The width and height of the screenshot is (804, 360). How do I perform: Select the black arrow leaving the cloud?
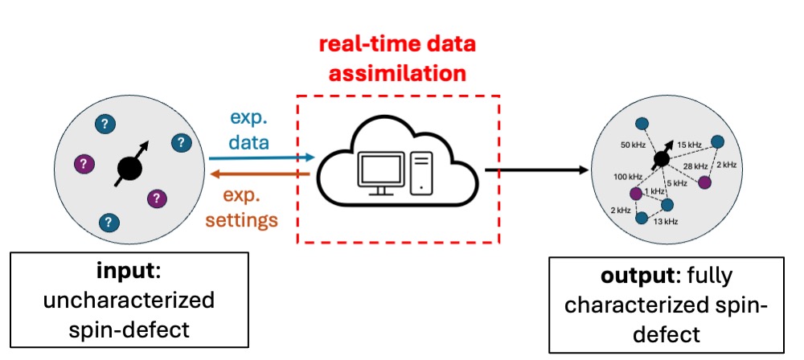(x=535, y=170)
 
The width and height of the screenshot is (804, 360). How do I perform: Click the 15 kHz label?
(x=690, y=145)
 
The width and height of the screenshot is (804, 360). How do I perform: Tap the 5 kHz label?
(x=675, y=183)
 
